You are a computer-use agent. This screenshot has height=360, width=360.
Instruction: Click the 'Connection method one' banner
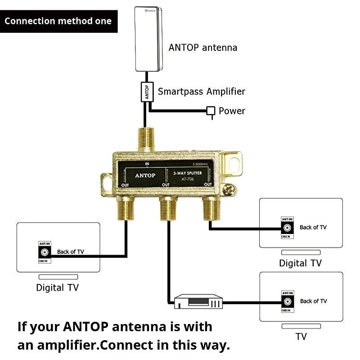point(58,21)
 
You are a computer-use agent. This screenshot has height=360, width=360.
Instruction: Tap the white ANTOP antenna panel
point(149,40)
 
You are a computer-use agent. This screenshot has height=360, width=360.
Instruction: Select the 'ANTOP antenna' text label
point(202,47)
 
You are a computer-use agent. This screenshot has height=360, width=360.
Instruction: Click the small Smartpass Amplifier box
point(147,92)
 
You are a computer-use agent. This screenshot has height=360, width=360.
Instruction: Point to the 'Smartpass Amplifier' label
point(201,91)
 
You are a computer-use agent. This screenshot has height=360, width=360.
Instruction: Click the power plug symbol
point(211,111)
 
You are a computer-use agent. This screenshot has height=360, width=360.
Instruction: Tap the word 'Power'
point(232,111)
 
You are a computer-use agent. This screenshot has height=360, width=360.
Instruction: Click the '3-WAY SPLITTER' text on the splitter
point(189,172)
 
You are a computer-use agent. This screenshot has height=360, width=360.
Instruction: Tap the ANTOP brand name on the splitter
point(145,175)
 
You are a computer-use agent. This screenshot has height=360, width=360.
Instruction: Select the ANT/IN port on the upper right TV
point(287,228)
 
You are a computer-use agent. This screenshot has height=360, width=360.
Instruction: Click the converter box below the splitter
point(198,301)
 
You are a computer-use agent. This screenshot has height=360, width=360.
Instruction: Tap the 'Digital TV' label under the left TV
point(57,287)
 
